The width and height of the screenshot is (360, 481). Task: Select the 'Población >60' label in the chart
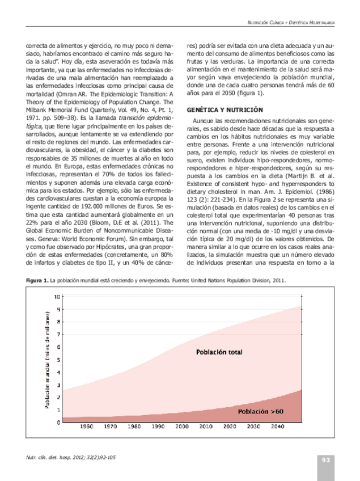260,411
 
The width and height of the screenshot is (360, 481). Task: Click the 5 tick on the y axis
56,360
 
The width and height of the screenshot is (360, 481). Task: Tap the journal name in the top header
287,22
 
